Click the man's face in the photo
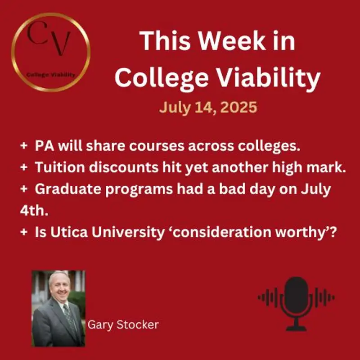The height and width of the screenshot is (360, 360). click(x=60, y=288)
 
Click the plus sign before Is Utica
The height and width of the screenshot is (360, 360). click(x=23, y=233)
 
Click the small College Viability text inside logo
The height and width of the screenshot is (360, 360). click(x=50, y=75)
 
